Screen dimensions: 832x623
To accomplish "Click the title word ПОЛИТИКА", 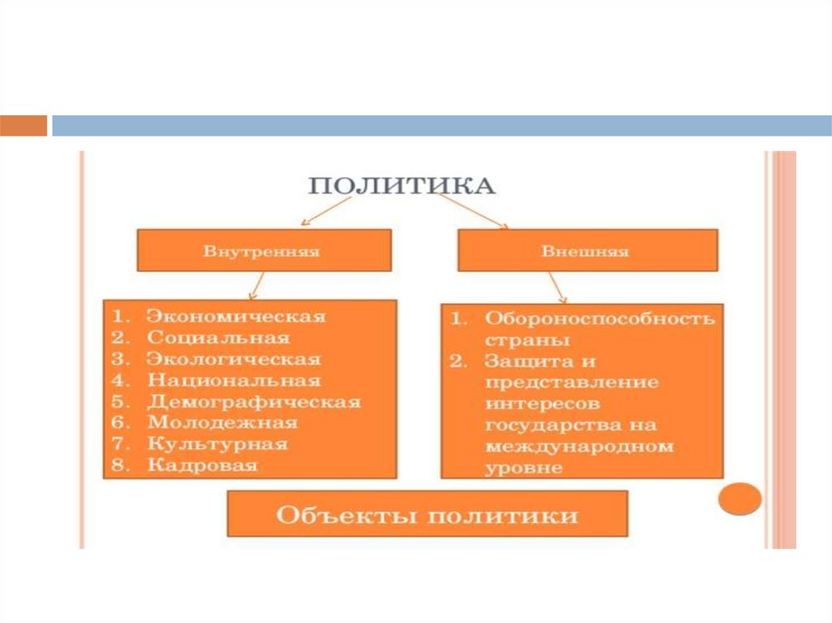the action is click(x=401, y=186).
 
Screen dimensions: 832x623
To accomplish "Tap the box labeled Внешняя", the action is click(x=587, y=250).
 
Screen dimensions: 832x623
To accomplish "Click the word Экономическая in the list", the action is click(x=236, y=316).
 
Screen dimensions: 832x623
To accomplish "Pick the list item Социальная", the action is click(x=218, y=337).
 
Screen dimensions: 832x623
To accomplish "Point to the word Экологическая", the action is click(x=233, y=358).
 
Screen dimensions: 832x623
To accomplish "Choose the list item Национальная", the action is click(x=233, y=380).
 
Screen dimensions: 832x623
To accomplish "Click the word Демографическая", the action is click(x=253, y=401).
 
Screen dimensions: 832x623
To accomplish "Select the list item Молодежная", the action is click(x=222, y=422).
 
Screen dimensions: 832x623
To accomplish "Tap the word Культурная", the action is click(x=217, y=444).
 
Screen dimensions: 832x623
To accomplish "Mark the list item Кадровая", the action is click(x=202, y=465).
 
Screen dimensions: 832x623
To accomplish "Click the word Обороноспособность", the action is click(x=600, y=318).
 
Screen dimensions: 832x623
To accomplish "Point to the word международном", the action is click(x=579, y=446).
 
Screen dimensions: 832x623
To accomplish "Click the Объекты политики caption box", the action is click(x=427, y=514).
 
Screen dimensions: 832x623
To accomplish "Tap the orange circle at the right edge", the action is click(x=741, y=498).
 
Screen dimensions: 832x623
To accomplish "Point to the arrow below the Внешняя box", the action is click(x=556, y=288).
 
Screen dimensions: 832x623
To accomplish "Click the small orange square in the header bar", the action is click(x=24, y=125).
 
